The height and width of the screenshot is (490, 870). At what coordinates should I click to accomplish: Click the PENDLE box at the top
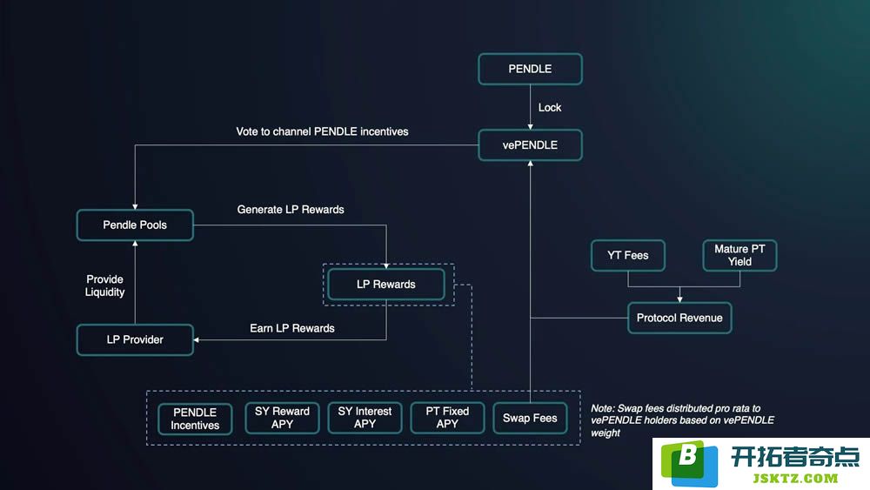[x=530, y=69]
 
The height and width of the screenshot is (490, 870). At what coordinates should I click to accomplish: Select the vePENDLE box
[x=530, y=144]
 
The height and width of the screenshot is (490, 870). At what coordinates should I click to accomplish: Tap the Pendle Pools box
[x=135, y=225]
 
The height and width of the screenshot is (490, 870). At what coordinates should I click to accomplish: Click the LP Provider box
[x=135, y=339]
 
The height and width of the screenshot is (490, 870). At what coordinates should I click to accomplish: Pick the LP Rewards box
[x=386, y=284]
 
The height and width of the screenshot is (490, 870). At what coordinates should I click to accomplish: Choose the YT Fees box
[x=627, y=255]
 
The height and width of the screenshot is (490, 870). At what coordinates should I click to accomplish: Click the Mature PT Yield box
[x=739, y=255]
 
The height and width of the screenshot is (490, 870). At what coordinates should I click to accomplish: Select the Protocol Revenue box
[x=679, y=318]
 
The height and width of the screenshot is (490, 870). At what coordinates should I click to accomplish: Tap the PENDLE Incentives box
[x=195, y=419]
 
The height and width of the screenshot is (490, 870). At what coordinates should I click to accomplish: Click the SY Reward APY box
[x=282, y=418]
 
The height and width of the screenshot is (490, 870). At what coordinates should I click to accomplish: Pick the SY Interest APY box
[x=365, y=418]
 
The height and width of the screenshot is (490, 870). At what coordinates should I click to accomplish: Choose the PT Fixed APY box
[x=447, y=418]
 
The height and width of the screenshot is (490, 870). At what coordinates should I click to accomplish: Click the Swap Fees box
[x=530, y=418]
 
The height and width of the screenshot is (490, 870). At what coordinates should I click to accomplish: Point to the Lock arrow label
[x=549, y=108]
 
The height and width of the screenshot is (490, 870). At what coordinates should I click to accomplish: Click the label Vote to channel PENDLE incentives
[x=322, y=131]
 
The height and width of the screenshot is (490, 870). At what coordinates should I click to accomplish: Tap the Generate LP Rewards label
[x=291, y=209]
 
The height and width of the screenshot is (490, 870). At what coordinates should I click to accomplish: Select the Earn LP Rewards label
[x=291, y=328]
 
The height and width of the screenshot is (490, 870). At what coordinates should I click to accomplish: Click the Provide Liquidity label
[x=104, y=285]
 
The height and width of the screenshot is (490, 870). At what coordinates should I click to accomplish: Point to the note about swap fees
[x=682, y=420]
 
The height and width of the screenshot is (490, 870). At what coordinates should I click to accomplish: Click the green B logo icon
[x=689, y=463]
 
